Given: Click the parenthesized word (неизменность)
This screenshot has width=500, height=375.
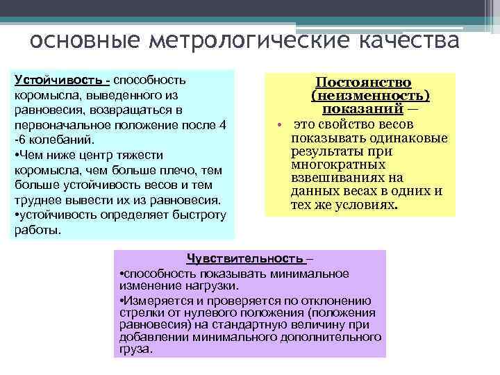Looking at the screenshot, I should tap(371, 97).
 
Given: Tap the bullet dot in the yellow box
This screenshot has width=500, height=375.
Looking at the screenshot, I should tap(276, 126).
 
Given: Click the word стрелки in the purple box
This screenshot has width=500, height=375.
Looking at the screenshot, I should tap(139, 312).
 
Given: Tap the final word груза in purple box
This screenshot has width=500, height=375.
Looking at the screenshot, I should tap(135, 349).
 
